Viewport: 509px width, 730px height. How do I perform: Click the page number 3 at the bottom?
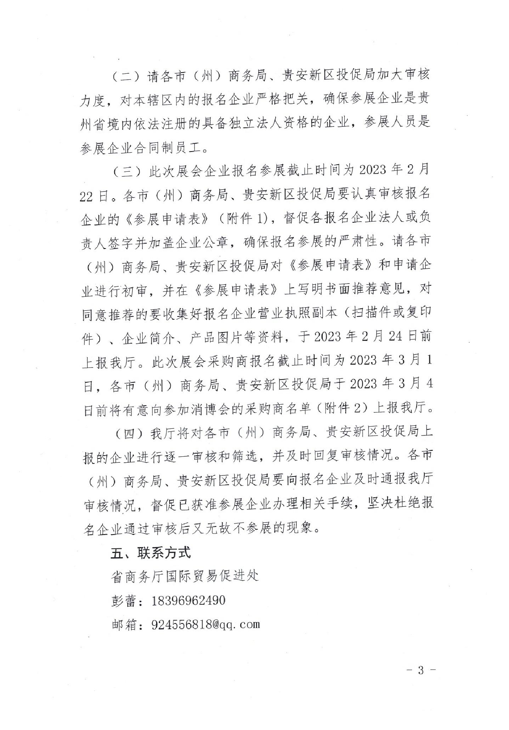(x=420, y=671)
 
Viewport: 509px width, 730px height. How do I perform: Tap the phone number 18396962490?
(x=188, y=600)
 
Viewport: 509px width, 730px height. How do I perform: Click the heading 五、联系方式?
(x=151, y=553)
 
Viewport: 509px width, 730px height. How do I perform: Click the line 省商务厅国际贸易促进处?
(x=185, y=576)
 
